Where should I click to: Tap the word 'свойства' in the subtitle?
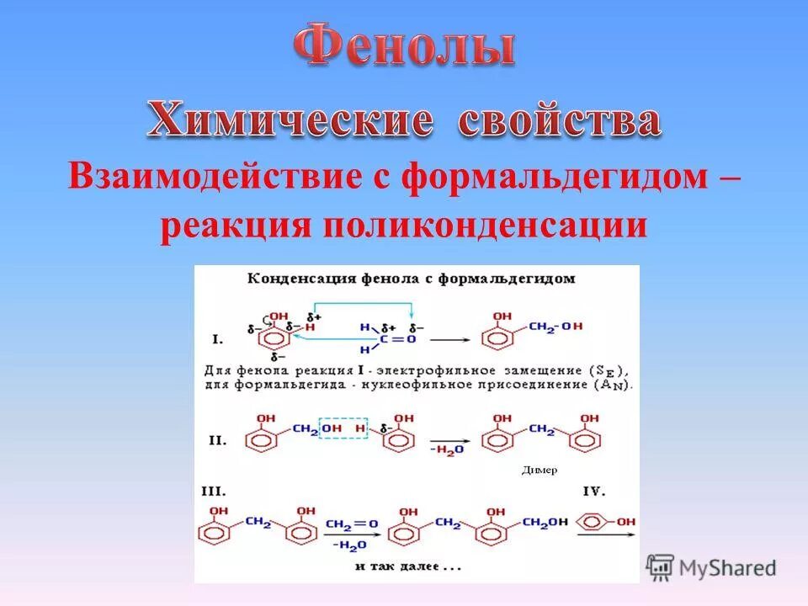coord(559,122)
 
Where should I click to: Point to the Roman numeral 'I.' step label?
coord(217,340)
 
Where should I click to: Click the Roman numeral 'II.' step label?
coord(217,440)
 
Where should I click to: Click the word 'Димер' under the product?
coord(539,470)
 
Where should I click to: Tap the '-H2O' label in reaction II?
coord(447,452)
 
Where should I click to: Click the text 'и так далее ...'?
coord(408,566)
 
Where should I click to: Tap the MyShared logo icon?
coord(661,567)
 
